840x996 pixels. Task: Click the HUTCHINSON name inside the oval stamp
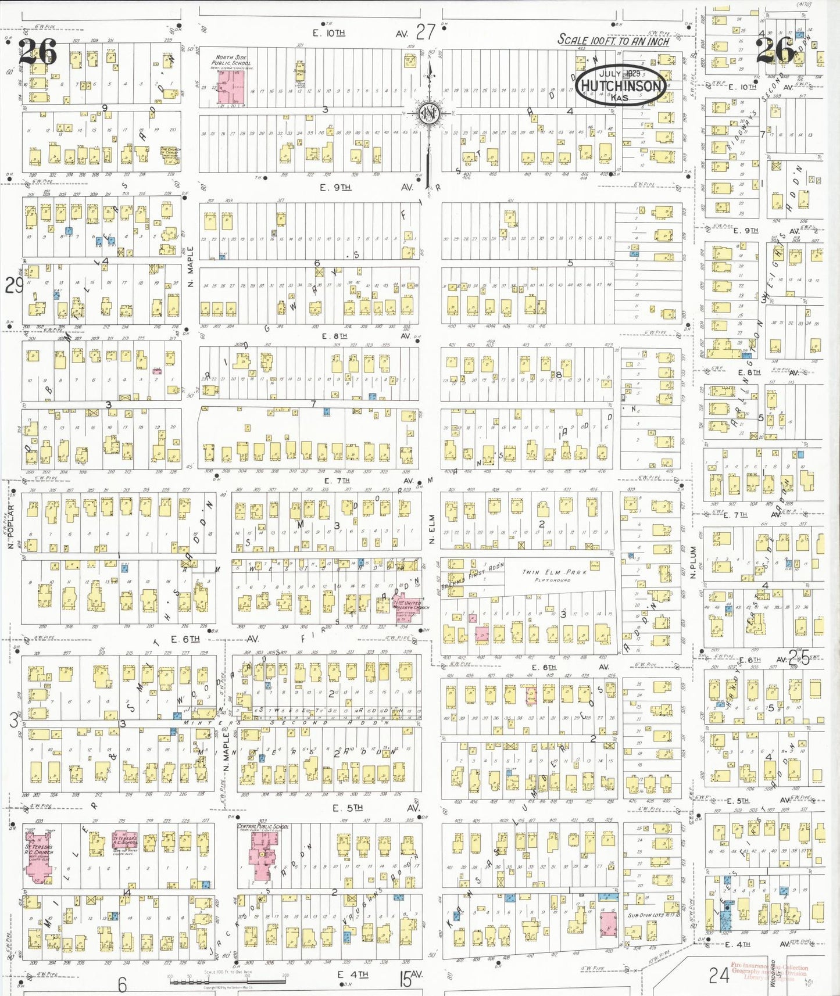click(x=621, y=86)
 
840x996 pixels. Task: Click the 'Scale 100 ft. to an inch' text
click(x=613, y=41)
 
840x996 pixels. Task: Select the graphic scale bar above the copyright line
click(x=227, y=981)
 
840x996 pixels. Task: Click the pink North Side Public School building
click(x=231, y=87)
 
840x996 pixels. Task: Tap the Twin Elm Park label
click(x=554, y=572)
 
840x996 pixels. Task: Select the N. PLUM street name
click(x=693, y=562)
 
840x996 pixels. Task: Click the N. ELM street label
click(x=432, y=529)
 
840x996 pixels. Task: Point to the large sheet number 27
click(x=425, y=32)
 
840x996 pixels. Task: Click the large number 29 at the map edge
click(x=14, y=285)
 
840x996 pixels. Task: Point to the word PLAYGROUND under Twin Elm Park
click(x=552, y=580)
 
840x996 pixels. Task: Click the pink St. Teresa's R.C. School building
click(x=124, y=841)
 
